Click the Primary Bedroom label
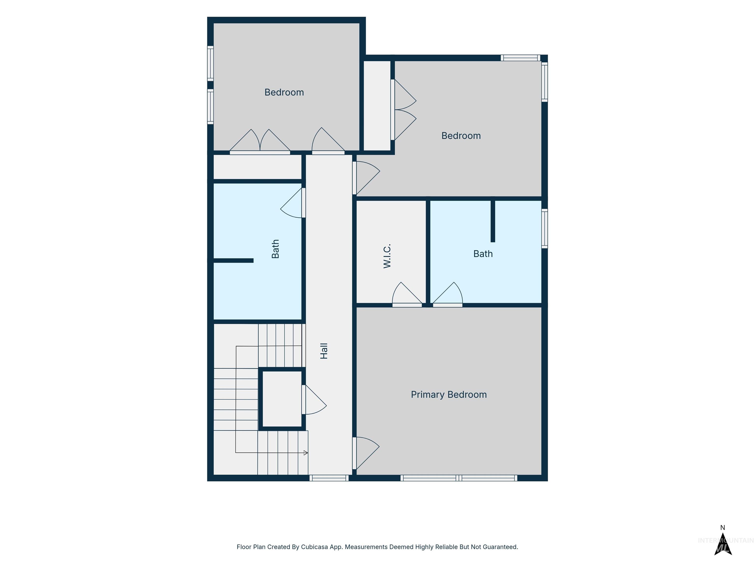click(x=449, y=395)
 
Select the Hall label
click(x=324, y=351)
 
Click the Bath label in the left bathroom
click(x=275, y=249)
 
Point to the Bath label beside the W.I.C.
click(x=483, y=254)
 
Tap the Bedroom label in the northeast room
click(x=461, y=136)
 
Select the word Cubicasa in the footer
click(x=315, y=547)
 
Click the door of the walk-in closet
click(x=407, y=295)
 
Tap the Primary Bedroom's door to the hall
click(x=366, y=453)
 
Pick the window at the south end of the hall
click(x=329, y=478)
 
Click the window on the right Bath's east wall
click(x=545, y=228)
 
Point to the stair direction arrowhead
click(x=306, y=453)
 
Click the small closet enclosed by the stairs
click(x=282, y=399)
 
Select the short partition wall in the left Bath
click(x=233, y=261)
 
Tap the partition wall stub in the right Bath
click(x=493, y=221)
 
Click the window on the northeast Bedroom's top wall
click(x=521, y=58)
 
